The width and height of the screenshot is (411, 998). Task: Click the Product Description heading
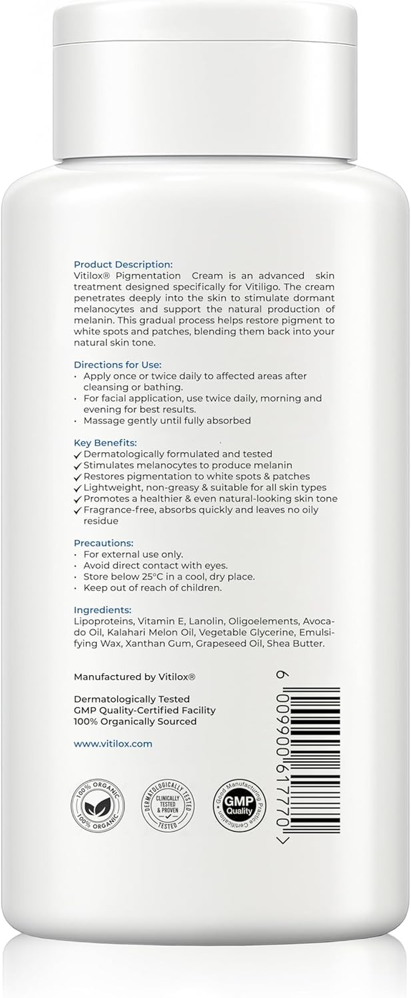(x=123, y=264)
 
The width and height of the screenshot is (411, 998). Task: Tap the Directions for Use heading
(x=118, y=364)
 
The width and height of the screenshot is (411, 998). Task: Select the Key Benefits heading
(x=105, y=443)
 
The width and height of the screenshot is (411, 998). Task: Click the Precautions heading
(x=103, y=543)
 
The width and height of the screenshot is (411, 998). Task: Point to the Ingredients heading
(x=103, y=610)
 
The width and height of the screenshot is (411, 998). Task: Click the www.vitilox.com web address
(x=113, y=743)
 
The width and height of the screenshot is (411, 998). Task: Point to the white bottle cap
(x=206, y=77)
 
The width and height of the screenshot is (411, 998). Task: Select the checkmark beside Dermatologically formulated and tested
(x=78, y=455)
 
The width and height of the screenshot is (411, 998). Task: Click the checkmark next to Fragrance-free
(x=78, y=511)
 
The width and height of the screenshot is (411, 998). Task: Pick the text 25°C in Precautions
(x=146, y=577)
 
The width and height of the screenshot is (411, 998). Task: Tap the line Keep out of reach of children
(x=153, y=588)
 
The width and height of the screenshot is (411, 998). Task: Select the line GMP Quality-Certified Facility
(x=145, y=710)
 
